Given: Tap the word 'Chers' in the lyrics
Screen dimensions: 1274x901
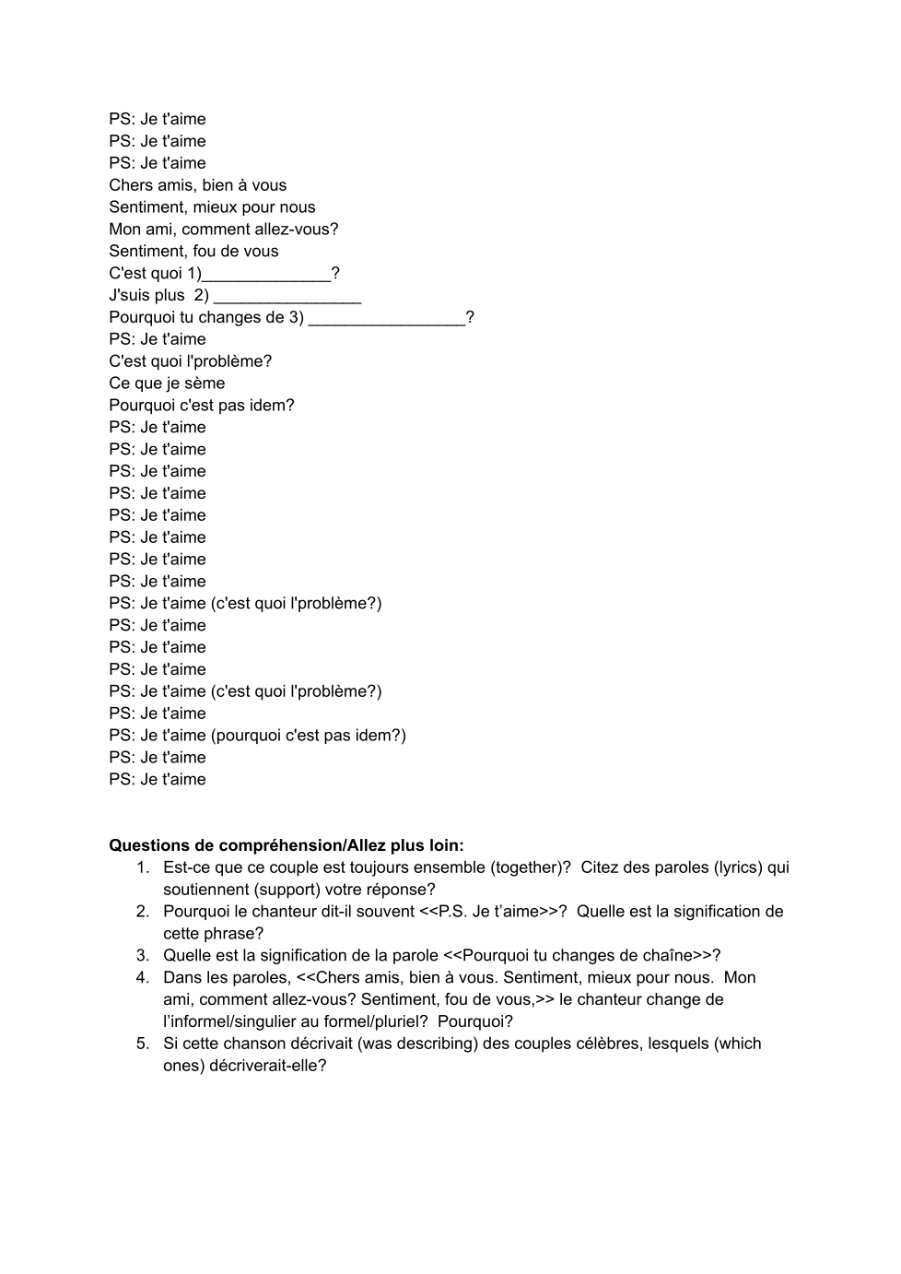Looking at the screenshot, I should [x=130, y=185].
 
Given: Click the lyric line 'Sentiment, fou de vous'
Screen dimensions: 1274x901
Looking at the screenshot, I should [x=193, y=251].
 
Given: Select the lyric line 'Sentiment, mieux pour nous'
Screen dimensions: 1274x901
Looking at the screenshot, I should [x=212, y=207].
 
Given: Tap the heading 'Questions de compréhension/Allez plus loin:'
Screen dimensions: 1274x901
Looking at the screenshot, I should [x=286, y=845].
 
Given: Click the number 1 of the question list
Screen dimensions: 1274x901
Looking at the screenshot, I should [x=143, y=867].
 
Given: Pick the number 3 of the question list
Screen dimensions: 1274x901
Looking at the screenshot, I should [x=143, y=956].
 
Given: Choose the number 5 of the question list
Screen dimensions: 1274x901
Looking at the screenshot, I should [x=143, y=1044].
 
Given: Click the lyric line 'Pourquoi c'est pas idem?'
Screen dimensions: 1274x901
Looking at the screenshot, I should [x=202, y=406].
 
